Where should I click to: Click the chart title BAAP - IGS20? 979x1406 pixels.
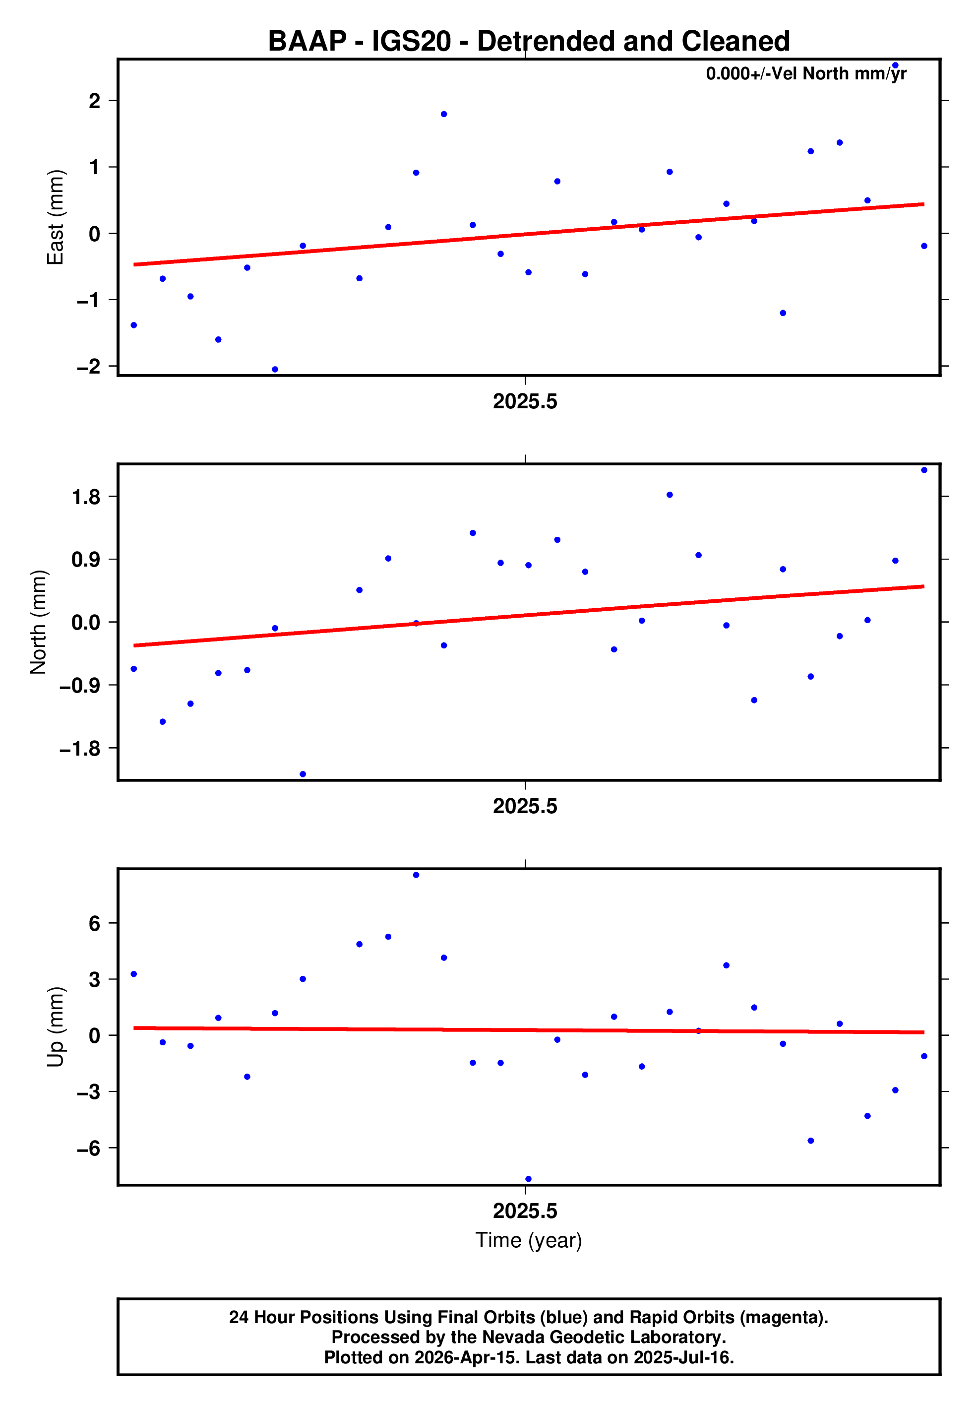coord(528,42)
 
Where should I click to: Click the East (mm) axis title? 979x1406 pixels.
coord(55,217)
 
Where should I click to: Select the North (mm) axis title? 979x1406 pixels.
coord(38,622)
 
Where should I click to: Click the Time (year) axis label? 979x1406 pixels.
coord(528,1240)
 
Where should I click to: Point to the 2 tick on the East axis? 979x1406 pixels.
coord(94,100)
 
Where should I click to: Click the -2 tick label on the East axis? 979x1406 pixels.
coord(88,366)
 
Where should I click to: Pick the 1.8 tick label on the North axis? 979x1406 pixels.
coord(86,497)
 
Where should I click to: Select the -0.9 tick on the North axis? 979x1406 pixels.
coord(79,685)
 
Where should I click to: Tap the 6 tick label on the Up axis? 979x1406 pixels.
coord(94,923)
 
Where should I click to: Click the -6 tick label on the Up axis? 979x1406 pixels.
coord(88,1148)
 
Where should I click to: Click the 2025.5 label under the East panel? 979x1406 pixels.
coord(525,402)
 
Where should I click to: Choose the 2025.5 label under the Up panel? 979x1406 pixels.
coord(525,1211)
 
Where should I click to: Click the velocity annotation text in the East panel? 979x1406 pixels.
coord(806,74)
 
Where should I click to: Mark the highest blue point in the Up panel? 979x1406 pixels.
coord(416,875)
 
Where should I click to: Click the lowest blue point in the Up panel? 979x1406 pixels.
coord(528,1179)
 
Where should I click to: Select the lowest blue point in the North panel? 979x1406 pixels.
coord(303,774)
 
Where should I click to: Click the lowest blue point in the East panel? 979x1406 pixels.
coord(275,369)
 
